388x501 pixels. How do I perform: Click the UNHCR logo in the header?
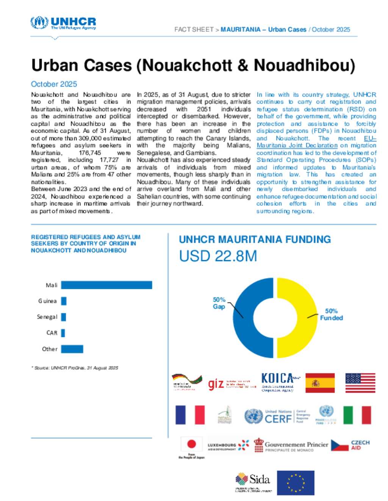click(63, 23)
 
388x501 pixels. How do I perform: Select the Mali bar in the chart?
click(106, 285)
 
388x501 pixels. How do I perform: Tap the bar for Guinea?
click(64, 301)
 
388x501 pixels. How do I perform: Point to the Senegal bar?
click(63, 317)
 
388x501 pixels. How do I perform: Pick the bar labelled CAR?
click(63, 333)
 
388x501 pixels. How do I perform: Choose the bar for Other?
click(72, 349)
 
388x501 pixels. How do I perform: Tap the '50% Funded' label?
click(331, 314)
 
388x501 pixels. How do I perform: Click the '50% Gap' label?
click(219, 303)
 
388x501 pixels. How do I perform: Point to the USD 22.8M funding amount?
click(218, 256)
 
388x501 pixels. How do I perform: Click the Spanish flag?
click(320, 383)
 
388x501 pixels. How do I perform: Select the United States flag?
click(360, 383)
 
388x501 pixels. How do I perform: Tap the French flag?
click(190, 415)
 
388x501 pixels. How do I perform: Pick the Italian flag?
click(357, 415)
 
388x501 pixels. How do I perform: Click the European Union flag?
click(296, 482)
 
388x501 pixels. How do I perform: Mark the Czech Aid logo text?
click(360, 445)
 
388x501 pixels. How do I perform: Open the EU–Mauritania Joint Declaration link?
click(297, 145)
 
